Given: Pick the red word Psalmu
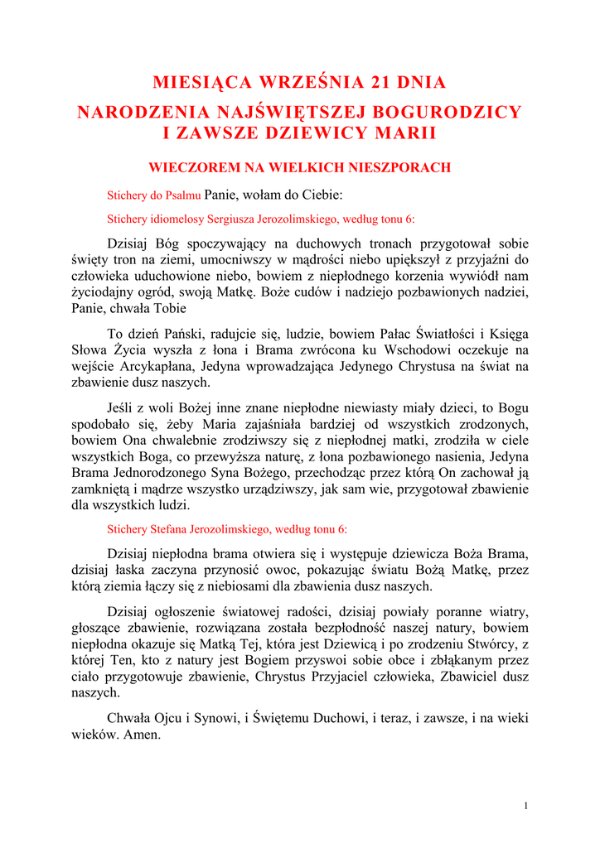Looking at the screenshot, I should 182,196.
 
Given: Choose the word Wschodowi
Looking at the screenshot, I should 409,351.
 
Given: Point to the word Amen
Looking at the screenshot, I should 140,734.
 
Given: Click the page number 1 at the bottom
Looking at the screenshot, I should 526,806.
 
